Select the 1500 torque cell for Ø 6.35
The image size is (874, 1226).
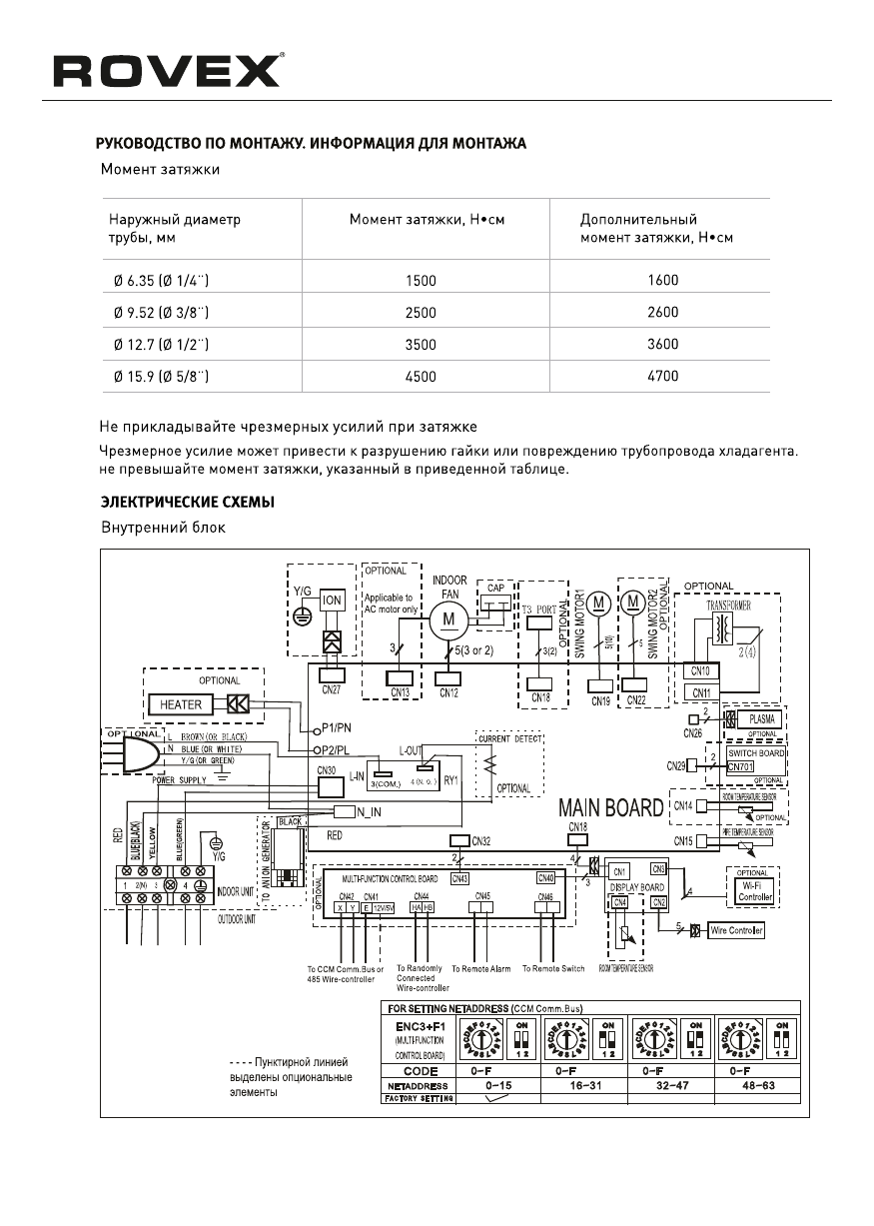[421, 282]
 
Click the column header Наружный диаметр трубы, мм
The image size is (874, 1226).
[174, 228]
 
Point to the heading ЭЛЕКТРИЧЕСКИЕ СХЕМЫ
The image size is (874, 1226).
[187, 501]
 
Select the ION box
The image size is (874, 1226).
[332, 602]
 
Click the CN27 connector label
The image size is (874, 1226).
[332, 688]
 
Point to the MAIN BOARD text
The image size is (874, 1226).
[610, 806]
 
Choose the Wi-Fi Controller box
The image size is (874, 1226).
[754, 891]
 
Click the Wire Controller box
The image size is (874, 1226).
[736, 930]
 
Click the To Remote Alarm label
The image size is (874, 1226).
[480, 968]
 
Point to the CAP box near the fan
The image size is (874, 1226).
[495, 590]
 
